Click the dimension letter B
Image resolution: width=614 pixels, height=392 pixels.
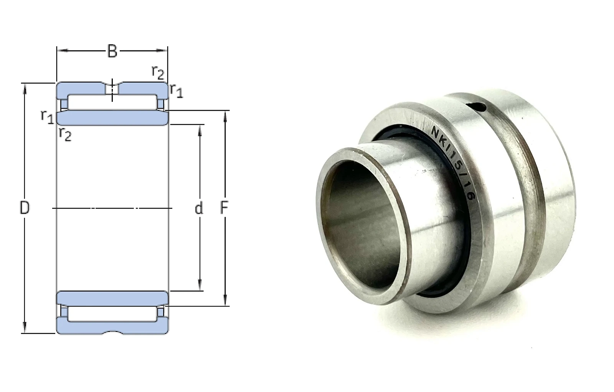pos(112,51)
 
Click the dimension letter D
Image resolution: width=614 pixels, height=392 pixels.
pos(25,208)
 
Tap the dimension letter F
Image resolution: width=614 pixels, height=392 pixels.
pos(224,208)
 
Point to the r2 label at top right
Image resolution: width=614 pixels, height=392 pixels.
pos(158,72)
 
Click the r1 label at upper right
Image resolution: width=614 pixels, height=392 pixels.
pos(176,91)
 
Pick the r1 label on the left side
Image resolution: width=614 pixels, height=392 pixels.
pos(47,117)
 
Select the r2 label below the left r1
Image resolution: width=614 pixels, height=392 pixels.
pos(65,135)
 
